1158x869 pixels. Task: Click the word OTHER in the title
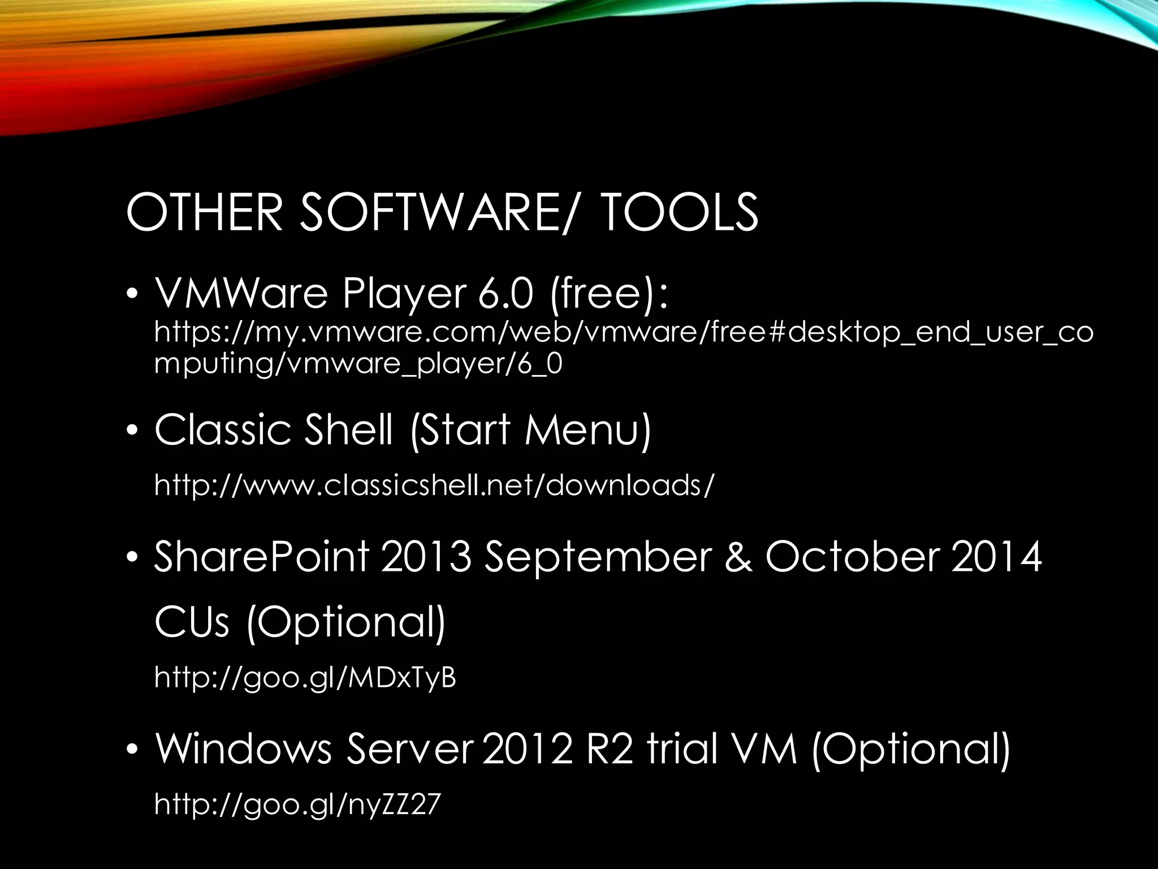pos(204,212)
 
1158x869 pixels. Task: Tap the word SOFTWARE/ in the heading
pos(435,212)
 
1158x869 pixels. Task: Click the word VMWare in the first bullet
pos(241,294)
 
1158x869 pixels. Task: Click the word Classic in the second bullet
pos(223,429)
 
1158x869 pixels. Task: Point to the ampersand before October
pos(738,557)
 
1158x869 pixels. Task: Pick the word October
pos(853,557)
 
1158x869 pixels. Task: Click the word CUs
pos(192,622)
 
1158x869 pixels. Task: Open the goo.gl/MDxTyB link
pos(305,677)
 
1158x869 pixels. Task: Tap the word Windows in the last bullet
pos(243,749)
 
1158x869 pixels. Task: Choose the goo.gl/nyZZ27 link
pos(297,804)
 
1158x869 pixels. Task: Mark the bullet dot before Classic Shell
pos(132,431)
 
